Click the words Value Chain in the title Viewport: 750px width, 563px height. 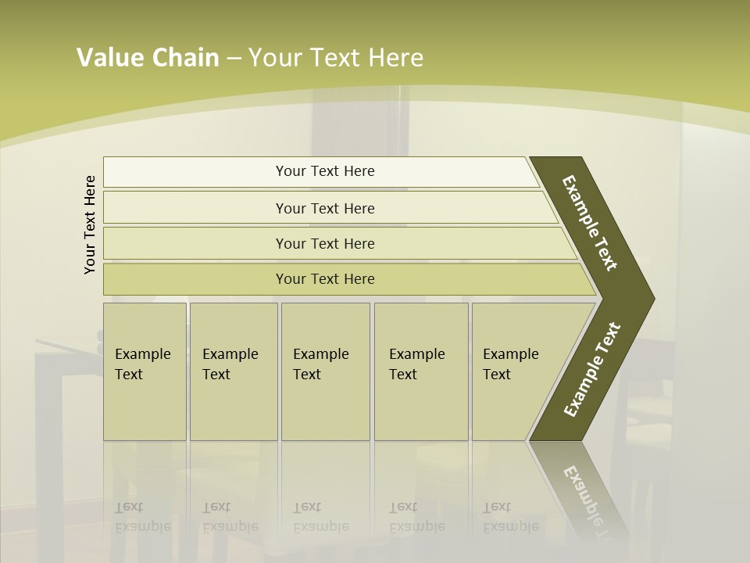pos(148,58)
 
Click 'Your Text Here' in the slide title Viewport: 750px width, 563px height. pos(336,58)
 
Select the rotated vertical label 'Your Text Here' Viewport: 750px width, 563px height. pos(91,224)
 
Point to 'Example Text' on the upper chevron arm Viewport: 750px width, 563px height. pos(590,223)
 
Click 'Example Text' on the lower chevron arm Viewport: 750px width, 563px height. pos(591,370)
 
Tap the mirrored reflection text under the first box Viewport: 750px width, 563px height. pos(142,518)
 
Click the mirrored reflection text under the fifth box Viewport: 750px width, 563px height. pos(511,518)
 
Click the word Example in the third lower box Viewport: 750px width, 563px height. pos(320,354)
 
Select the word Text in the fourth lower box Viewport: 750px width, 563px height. pos(403,375)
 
